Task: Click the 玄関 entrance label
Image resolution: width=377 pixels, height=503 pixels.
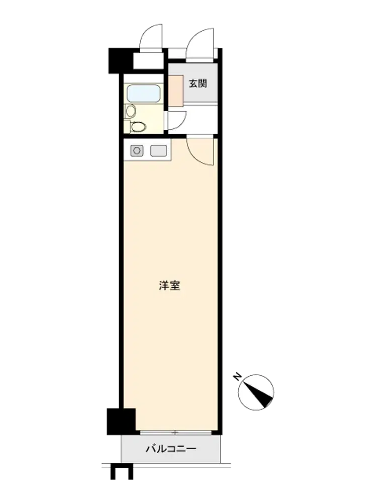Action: tap(198, 83)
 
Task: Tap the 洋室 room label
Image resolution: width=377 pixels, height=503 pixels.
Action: tap(169, 285)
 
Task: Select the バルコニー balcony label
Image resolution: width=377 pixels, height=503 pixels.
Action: tap(171, 449)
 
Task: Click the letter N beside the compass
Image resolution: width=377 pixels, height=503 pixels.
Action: tap(237, 376)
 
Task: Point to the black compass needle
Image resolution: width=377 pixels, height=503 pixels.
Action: tap(259, 393)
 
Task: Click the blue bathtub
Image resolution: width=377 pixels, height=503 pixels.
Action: tap(143, 94)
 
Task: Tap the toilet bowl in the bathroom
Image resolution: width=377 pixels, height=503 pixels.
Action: tap(138, 127)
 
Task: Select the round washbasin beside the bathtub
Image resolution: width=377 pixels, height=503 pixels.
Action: tap(131, 111)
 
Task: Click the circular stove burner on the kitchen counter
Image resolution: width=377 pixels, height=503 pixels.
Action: tap(137, 150)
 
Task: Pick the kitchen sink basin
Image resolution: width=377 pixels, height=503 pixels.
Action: tap(159, 150)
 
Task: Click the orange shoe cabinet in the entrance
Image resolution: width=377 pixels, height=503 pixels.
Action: tap(176, 91)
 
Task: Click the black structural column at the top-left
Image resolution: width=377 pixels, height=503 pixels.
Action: tap(121, 60)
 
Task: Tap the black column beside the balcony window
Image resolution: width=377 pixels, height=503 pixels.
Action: tap(121, 421)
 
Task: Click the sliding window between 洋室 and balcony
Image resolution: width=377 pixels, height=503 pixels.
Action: tap(176, 433)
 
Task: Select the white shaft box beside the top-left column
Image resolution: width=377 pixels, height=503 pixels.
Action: tap(148, 61)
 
